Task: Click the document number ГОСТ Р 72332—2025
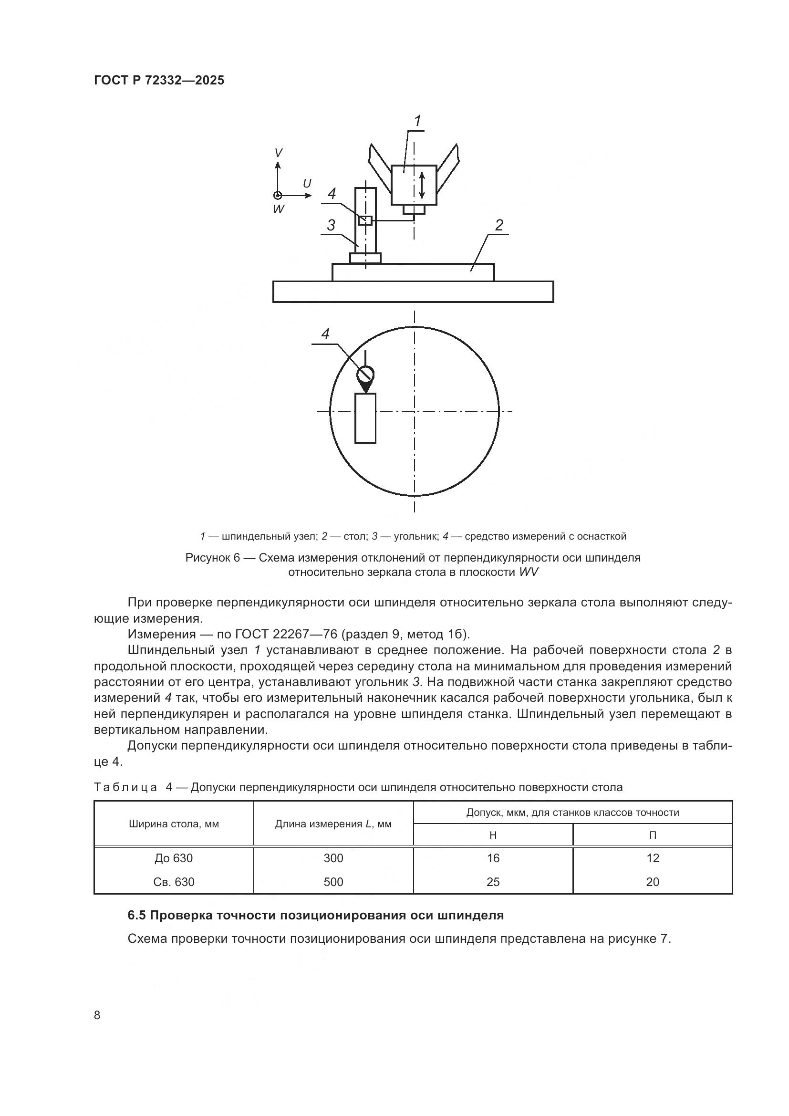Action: (x=159, y=80)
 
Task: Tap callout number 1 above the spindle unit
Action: (x=417, y=121)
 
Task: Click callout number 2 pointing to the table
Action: (x=499, y=225)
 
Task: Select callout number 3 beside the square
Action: (x=331, y=225)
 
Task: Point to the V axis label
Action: (x=278, y=153)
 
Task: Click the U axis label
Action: (x=307, y=184)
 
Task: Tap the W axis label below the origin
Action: (x=279, y=209)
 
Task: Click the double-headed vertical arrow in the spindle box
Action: (x=422, y=185)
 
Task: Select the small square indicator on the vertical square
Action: (x=365, y=220)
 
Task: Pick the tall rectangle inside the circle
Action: (x=365, y=418)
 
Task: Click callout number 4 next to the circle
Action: (x=325, y=334)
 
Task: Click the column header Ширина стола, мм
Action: (x=174, y=824)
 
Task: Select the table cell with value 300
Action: (x=333, y=858)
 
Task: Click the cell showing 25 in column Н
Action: (x=493, y=882)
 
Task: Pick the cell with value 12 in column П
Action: (x=653, y=858)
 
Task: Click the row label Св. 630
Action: (x=174, y=882)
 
